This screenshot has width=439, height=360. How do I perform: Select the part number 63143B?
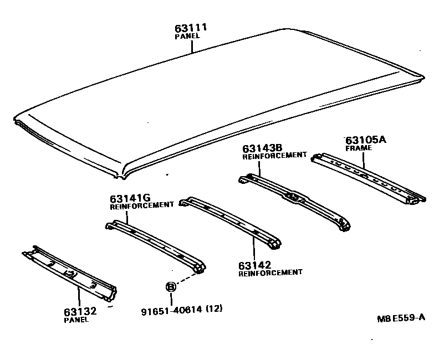pos(263,148)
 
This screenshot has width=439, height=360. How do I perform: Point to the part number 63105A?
pos(365,140)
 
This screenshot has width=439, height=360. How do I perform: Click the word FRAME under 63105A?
pos(359,148)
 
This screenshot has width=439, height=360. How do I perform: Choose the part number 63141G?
pos(130,198)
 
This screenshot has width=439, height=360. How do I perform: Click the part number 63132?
pos(80,311)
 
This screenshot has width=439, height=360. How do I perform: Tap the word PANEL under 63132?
pos(76,320)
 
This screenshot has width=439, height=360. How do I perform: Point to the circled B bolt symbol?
pos(171,286)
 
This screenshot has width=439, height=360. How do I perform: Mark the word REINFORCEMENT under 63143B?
pos(274,156)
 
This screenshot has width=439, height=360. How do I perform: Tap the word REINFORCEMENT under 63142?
pos(270,272)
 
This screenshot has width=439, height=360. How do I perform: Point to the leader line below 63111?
pos(192,45)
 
